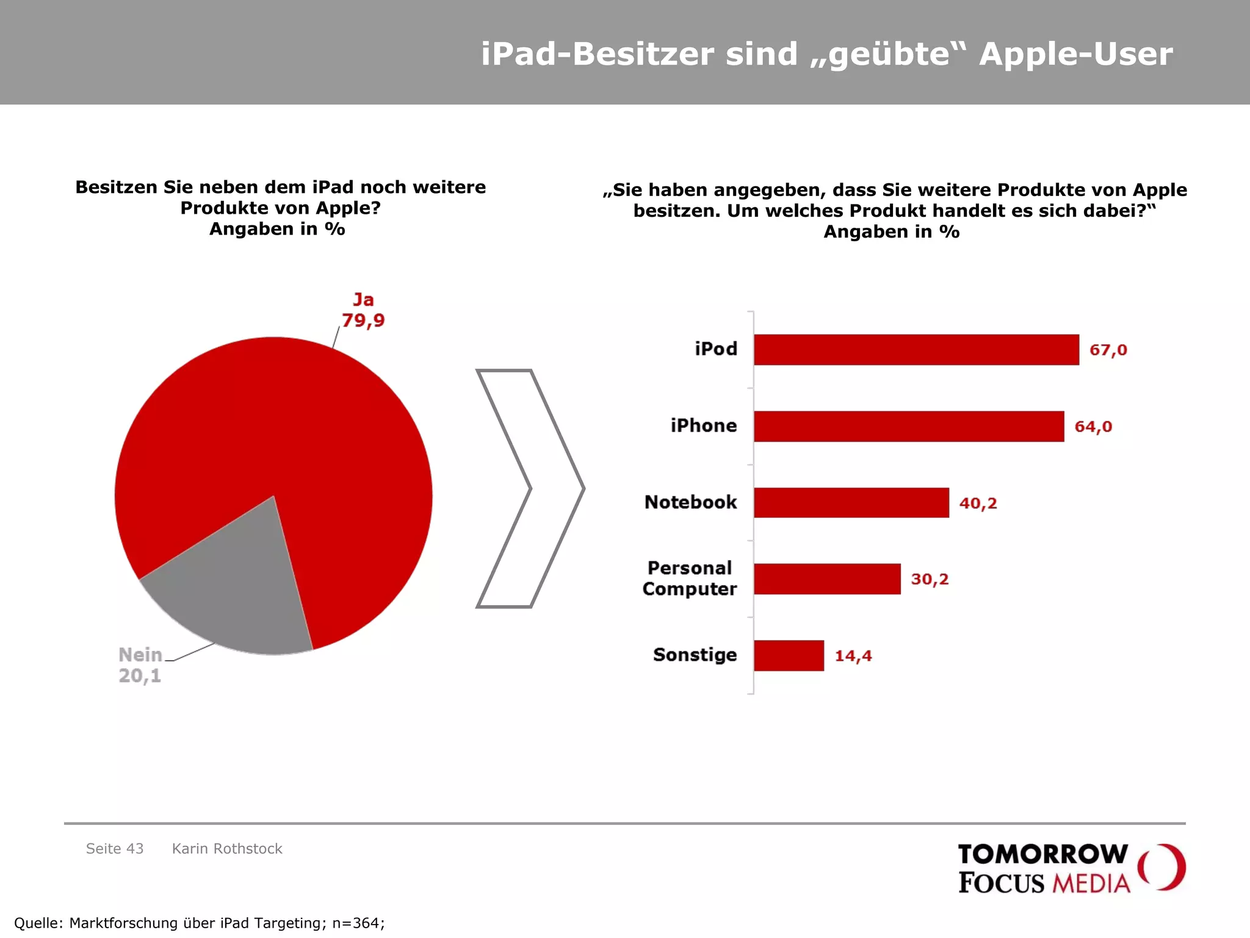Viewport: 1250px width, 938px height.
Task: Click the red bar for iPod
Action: coord(916,350)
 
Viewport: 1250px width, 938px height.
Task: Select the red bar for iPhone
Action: coord(908,426)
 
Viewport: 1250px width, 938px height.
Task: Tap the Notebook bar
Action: coord(851,503)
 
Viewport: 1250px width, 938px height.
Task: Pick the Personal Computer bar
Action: coord(826,579)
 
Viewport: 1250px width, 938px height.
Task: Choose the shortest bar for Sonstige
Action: coord(789,656)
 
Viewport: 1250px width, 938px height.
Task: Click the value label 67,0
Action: coord(1108,350)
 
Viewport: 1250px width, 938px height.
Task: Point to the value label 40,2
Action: coord(978,503)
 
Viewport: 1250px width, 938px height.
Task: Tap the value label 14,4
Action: coord(853,656)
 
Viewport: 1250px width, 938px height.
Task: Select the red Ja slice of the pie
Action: coord(293,427)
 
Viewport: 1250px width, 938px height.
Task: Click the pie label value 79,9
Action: coord(363,320)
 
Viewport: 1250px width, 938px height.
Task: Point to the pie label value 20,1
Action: coord(140,676)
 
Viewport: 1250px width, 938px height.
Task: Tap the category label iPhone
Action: coord(703,426)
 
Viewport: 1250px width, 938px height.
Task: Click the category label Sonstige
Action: coord(695,655)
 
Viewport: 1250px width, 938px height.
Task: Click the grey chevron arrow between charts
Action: coord(557,489)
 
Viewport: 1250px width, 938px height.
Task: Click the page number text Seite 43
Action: coord(115,849)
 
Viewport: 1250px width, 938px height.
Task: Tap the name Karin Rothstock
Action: coord(227,849)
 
